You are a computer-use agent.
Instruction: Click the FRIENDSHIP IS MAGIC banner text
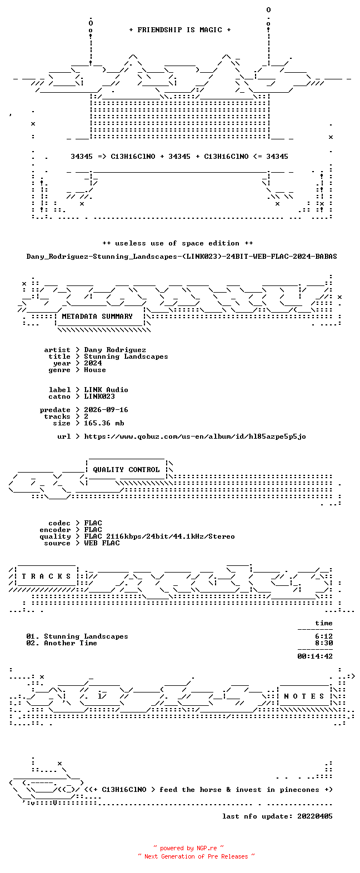(180, 30)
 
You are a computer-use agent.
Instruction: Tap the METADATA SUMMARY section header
(97, 317)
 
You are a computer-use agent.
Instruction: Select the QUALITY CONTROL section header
(126, 470)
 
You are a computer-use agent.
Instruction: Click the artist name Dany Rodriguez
(115, 350)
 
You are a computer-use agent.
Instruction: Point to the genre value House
(95, 370)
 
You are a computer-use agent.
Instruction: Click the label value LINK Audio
(106, 390)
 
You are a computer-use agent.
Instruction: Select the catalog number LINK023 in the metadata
(99, 397)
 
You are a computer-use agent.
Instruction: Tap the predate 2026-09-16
(106, 410)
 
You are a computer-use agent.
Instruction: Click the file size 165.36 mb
(104, 423)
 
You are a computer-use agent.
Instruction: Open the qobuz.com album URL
(195, 436)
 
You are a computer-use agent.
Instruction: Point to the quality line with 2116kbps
(159, 536)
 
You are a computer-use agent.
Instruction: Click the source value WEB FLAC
(102, 543)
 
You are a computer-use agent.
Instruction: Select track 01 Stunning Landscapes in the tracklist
(77, 636)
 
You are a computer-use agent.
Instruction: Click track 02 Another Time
(62, 643)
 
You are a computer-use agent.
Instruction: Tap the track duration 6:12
(324, 636)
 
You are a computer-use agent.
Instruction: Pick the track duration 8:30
(324, 643)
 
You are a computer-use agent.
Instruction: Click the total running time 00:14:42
(315, 656)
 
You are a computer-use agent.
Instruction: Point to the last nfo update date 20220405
(315, 816)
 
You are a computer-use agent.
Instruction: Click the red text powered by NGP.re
(188, 848)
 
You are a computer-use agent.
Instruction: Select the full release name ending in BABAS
(182, 257)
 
